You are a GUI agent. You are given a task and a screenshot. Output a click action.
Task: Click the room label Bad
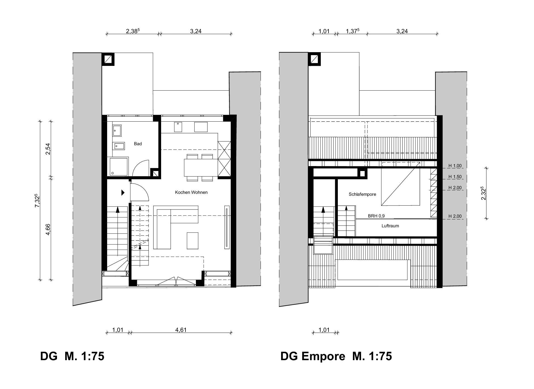click(x=138, y=144)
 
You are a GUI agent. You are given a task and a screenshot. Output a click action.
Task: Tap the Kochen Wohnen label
click(x=191, y=192)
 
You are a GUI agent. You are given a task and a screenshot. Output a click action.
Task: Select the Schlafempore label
click(x=362, y=194)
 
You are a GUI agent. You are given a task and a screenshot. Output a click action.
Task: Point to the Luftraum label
click(x=390, y=226)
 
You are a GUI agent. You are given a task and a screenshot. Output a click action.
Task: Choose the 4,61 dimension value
click(x=181, y=330)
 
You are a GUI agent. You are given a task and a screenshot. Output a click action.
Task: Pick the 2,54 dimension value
click(x=48, y=149)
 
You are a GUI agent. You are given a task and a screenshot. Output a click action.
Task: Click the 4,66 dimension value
click(x=48, y=229)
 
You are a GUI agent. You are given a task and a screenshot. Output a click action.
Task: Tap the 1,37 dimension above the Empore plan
click(x=353, y=31)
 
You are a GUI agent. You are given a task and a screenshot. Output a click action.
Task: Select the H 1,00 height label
click(x=455, y=166)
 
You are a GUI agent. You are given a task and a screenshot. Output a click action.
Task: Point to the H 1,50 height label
click(x=455, y=177)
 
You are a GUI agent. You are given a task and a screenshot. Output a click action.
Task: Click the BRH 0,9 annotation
click(x=376, y=216)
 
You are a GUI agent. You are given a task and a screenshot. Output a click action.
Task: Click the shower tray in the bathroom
click(x=119, y=166)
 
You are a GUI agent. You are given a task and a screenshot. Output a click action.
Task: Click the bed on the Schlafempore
click(x=400, y=184)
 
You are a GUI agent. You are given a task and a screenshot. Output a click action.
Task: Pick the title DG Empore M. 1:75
click(x=336, y=357)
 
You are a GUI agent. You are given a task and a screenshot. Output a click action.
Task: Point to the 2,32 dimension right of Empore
click(x=484, y=194)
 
